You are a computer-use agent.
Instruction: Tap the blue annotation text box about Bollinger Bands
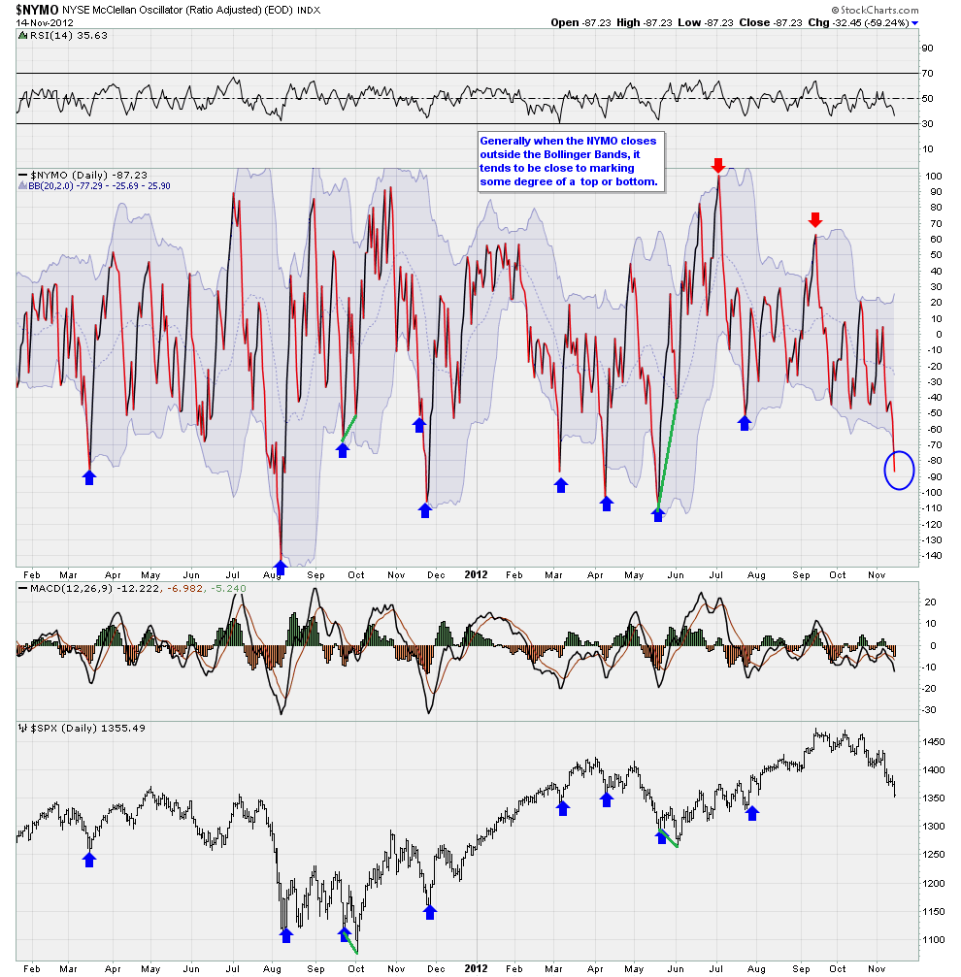click(x=569, y=161)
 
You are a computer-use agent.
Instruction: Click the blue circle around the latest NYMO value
click(x=899, y=471)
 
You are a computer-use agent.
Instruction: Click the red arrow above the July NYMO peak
click(x=718, y=165)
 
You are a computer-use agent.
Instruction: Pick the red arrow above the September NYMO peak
click(x=815, y=220)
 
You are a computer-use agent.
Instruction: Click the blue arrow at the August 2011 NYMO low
click(x=281, y=566)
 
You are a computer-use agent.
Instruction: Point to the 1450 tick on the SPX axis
click(x=936, y=742)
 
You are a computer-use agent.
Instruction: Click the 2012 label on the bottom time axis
click(x=475, y=968)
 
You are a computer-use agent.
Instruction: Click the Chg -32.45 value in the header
click(x=840, y=22)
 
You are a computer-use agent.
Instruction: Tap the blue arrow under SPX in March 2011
click(x=90, y=859)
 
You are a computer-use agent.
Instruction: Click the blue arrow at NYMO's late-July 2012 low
click(x=745, y=423)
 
